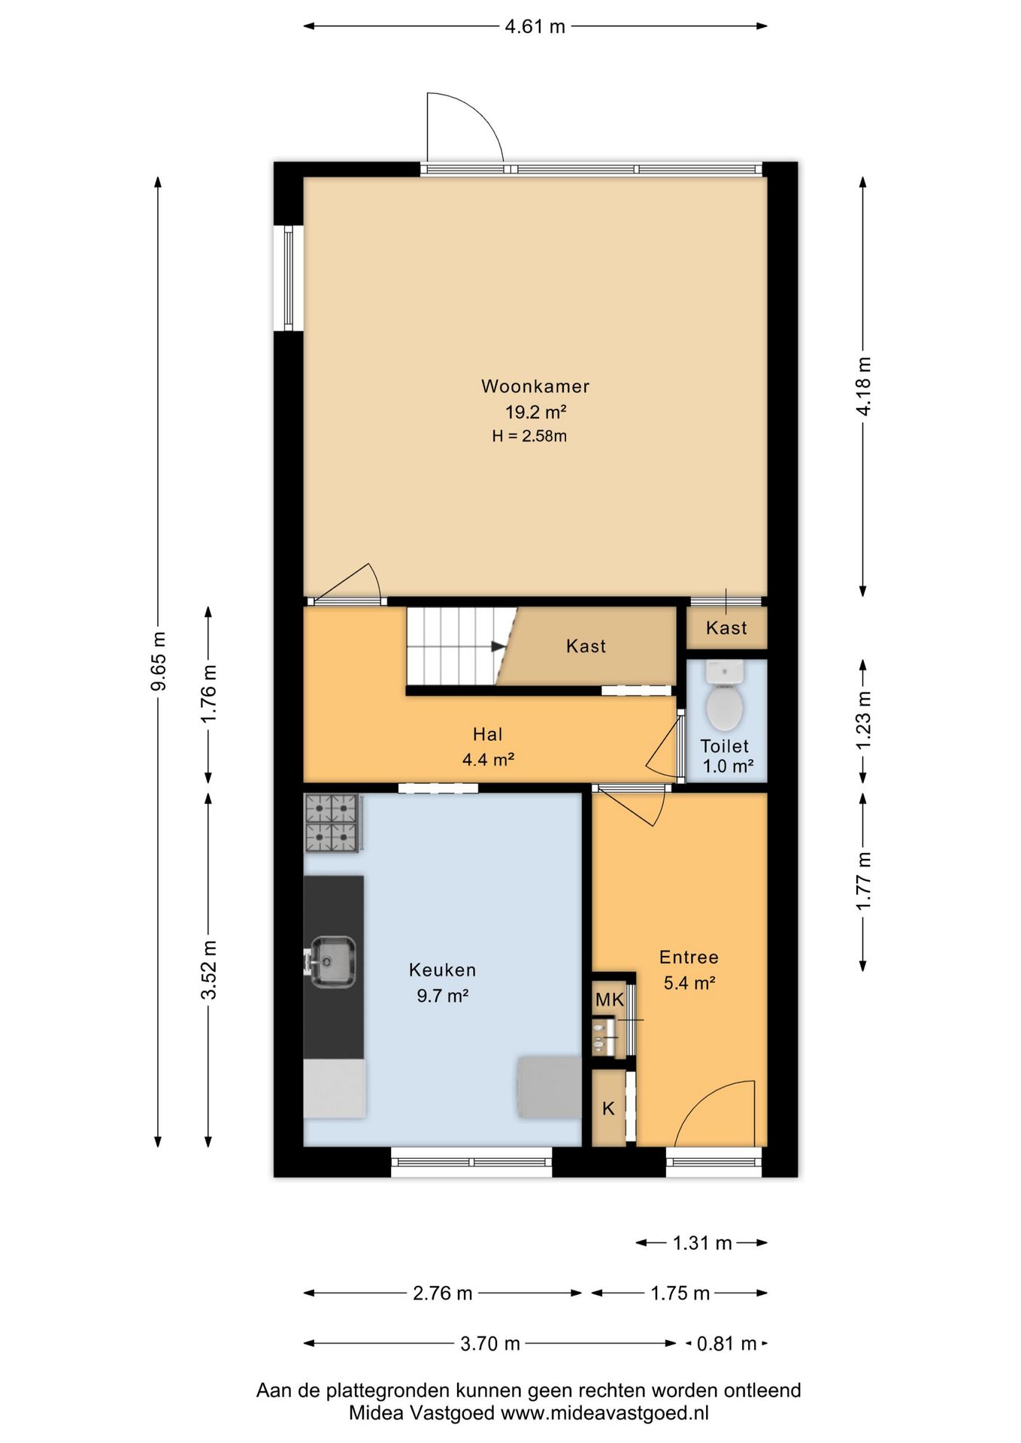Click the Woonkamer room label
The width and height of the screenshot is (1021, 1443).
(x=535, y=386)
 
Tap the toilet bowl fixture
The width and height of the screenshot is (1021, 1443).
(x=725, y=695)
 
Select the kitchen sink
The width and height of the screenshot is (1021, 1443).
(x=332, y=961)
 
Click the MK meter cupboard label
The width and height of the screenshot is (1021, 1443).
(x=610, y=1000)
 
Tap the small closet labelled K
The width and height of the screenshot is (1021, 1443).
(x=609, y=1108)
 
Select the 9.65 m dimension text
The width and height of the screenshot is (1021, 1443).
(x=158, y=661)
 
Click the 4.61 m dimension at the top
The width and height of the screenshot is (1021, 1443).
(x=535, y=26)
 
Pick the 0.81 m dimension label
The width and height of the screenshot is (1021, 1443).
(x=726, y=1343)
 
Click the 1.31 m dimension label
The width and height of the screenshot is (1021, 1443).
(x=702, y=1243)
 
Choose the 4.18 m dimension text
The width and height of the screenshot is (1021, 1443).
(x=864, y=386)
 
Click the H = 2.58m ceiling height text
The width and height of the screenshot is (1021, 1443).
(x=529, y=436)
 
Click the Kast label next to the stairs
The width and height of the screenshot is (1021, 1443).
(x=586, y=646)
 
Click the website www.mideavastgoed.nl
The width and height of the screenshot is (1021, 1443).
(x=604, y=1414)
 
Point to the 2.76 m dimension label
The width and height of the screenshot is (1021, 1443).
(x=443, y=1293)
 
